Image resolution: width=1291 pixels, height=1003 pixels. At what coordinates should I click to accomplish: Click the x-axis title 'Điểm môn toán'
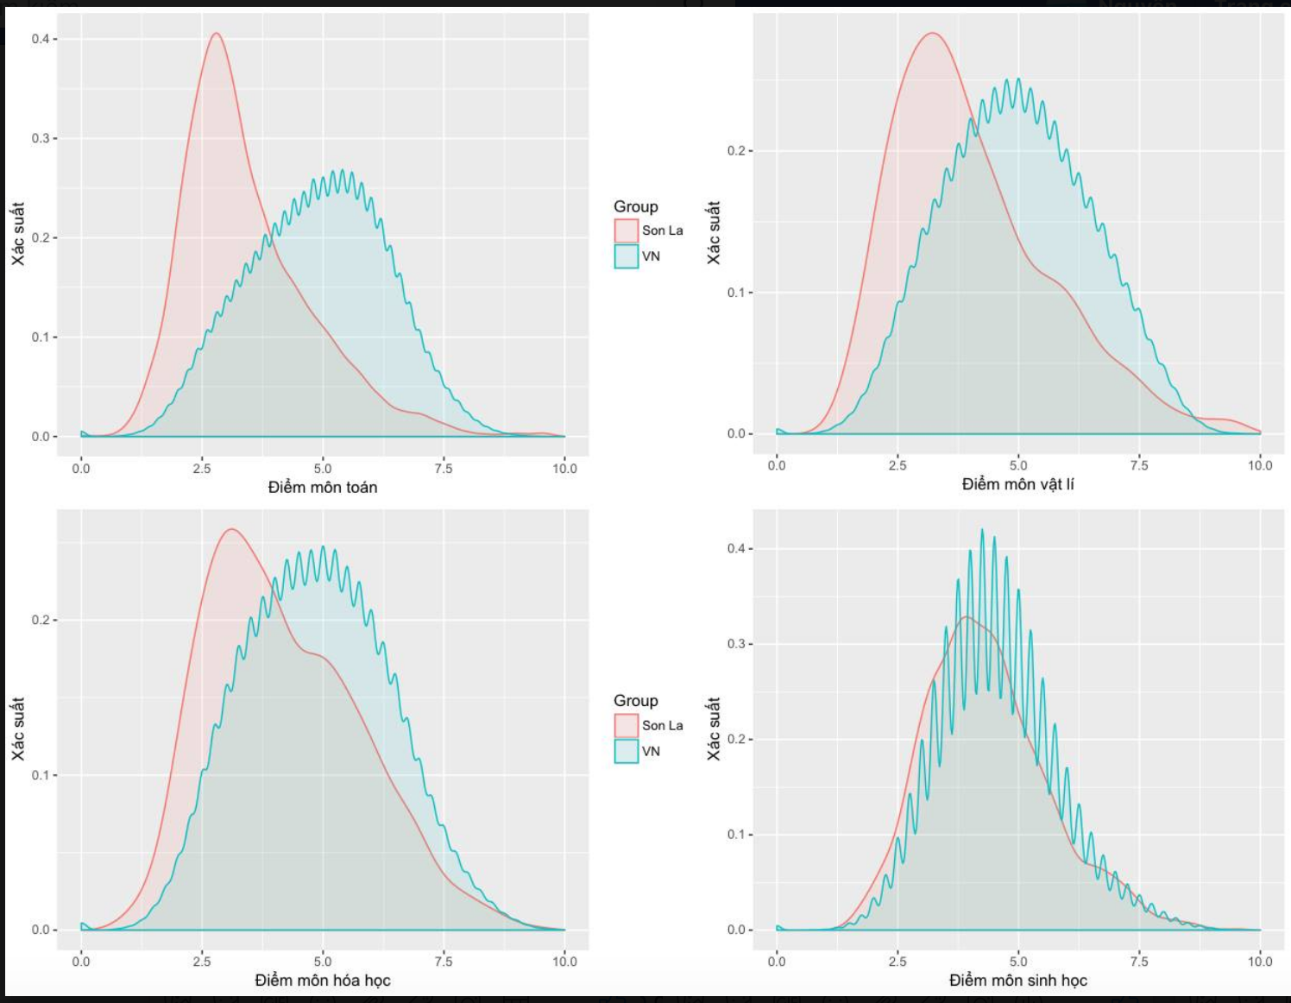click(x=322, y=488)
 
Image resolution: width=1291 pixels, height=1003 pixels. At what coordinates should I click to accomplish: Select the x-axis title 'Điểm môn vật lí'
click(x=1017, y=484)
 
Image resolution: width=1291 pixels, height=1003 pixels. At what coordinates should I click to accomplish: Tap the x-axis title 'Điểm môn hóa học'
click(x=322, y=981)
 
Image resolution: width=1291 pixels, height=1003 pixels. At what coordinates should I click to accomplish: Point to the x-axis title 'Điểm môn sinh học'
click(x=1017, y=981)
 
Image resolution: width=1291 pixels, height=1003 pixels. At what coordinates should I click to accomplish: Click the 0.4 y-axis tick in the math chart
click(x=41, y=39)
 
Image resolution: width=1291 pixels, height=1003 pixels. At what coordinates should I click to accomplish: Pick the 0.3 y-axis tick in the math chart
click(x=41, y=138)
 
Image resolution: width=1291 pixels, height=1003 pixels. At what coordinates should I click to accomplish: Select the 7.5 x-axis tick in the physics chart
click(x=1139, y=465)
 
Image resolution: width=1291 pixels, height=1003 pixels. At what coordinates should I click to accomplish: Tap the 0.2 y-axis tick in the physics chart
click(x=736, y=151)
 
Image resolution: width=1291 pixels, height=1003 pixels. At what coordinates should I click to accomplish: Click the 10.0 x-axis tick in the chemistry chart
click(x=564, y=962)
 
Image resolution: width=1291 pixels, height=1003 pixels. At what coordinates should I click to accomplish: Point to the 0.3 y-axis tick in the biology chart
click(x=736, y=644)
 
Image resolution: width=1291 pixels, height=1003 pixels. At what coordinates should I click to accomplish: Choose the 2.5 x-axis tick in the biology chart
click(x=897, y=962)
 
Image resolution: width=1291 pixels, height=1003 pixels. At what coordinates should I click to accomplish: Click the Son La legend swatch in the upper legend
click(x=627, y=230)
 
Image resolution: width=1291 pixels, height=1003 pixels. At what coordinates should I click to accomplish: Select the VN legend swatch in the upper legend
click(x=627, y=256)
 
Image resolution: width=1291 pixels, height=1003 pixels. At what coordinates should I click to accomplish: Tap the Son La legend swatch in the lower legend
click(x=627, y=725)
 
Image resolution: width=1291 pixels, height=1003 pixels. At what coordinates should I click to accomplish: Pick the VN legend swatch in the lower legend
click(x=627, y=751)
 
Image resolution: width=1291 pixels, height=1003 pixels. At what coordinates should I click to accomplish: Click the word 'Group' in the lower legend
click(x=635, y=701)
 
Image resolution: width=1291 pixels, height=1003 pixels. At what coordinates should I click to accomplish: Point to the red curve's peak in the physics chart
click(x=932, y=33)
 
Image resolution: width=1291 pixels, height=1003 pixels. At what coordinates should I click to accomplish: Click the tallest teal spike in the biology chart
click(x=982, y=530)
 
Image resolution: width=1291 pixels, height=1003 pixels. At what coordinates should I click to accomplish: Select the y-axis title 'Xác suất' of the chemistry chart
click(x=18, y=729)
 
